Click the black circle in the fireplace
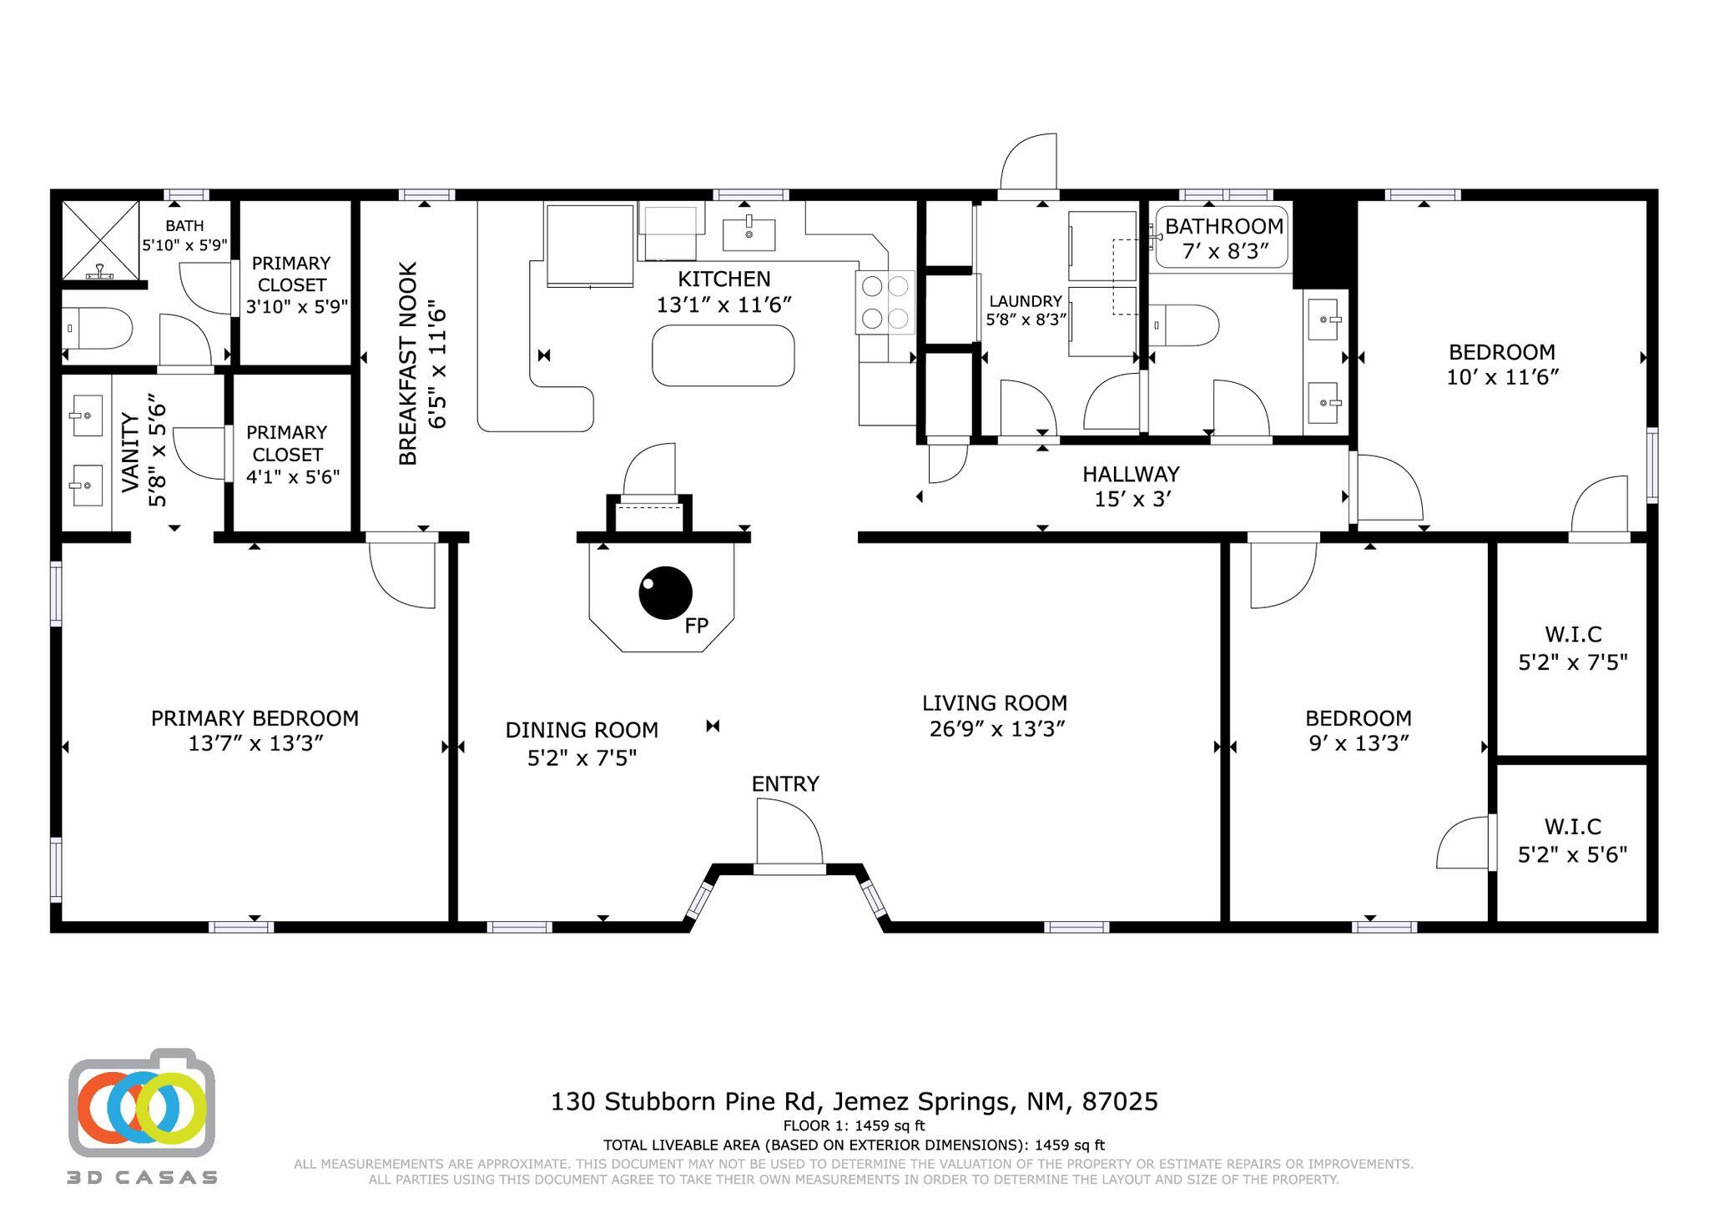[x=665, y=593]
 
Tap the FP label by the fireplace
[x=696, y=626]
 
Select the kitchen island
[x=723, y=355]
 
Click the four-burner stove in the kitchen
[x=885, y=302]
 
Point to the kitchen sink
[x=749, y=234]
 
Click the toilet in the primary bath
[x=98, y=329]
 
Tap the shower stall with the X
[x=100, y=239]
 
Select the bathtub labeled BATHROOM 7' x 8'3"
[x=1222, y=238]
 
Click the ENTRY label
[x=784, y=783]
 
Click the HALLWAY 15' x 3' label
[x=1131, y=486]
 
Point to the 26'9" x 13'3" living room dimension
[x=996, y=728]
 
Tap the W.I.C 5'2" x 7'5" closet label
[x=1572, y=648]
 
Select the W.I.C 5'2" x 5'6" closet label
[x=1572, y=840]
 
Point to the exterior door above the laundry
[x=1028, y=164]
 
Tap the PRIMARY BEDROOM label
[x=255, y=718]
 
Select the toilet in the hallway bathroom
[x=1184, y=325]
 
